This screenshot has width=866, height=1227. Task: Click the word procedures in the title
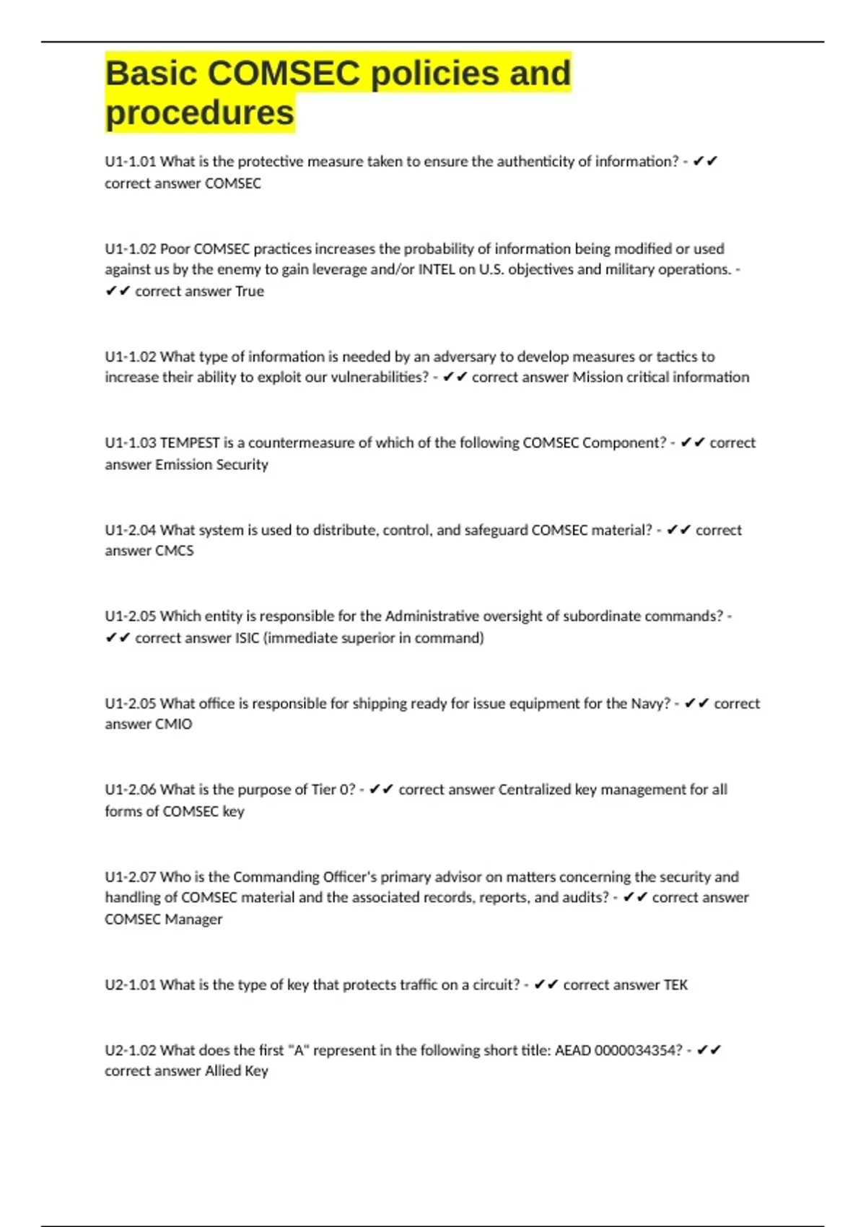click(x=200, y=113)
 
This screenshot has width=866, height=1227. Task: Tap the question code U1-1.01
click(x=130, y=162)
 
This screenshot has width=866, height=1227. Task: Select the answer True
click(x=250, y=291)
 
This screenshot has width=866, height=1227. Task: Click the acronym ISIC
click(x=247, y=638)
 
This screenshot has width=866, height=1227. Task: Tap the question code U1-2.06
click(x=130, y=790)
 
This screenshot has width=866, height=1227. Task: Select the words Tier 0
click(x=333, y=790)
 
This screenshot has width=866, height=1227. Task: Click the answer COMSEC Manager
click(x=163, y=920)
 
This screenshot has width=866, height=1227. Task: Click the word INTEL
click(x=437, y=269)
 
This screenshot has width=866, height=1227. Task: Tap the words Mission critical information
click(x=660, y=377)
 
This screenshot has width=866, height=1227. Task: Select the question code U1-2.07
click(x=130, y=877)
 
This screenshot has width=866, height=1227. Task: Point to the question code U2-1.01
click(x=130, y=985)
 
